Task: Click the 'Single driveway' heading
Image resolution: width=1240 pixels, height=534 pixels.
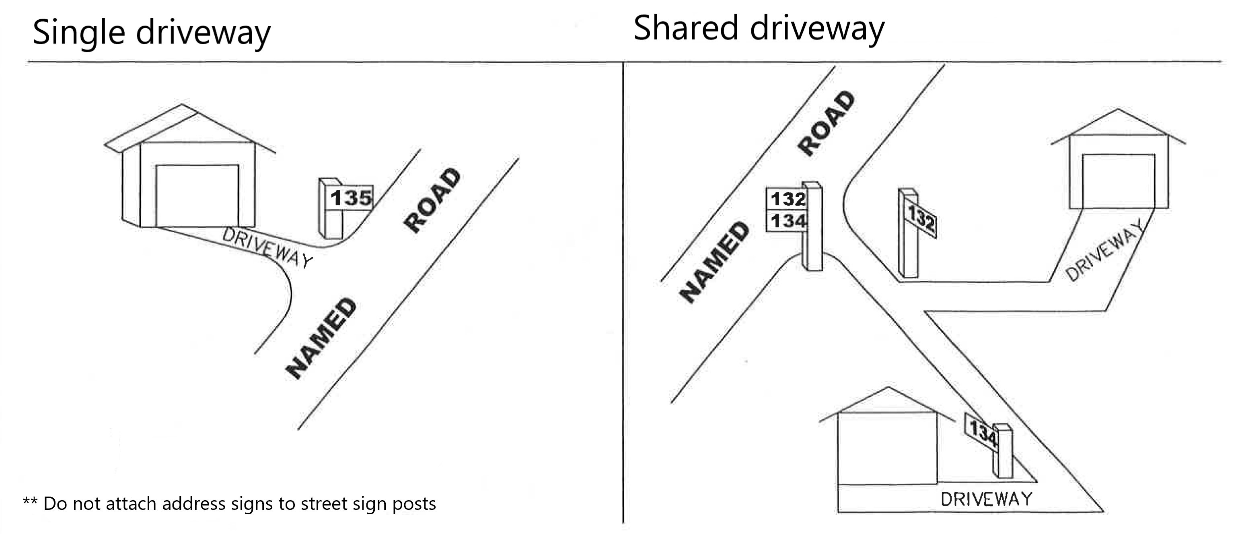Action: (152, 33)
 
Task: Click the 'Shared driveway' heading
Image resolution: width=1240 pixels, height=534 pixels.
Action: (759, 29)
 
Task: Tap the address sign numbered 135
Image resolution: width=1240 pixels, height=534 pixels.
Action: (351, 198)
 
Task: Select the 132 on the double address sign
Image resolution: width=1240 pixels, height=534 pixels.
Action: (788, 199)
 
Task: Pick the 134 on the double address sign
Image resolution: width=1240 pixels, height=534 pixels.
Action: (788, 221)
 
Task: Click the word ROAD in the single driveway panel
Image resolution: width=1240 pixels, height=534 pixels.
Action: (432, 200)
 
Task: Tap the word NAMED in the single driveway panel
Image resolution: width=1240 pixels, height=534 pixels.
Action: (321, 338)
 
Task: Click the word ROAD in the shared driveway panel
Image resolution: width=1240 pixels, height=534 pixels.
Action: (826, 123)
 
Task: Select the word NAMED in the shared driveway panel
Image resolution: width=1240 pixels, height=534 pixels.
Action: (714, 262)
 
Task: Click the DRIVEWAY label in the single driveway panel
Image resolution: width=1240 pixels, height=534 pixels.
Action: (267, 247)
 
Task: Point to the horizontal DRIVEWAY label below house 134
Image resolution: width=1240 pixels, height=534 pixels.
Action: (986, 499)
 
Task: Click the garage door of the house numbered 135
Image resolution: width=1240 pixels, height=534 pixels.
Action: (197, 196)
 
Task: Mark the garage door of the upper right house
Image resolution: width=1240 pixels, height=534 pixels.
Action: (1119, 181)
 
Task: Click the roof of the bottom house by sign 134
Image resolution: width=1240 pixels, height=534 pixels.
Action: (887, 404)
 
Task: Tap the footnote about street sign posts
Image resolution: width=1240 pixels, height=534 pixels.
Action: (230, 504)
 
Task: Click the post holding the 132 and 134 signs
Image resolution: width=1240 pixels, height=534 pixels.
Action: (812, 226)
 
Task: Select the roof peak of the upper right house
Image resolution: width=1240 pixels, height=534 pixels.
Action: (1118, 109)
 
